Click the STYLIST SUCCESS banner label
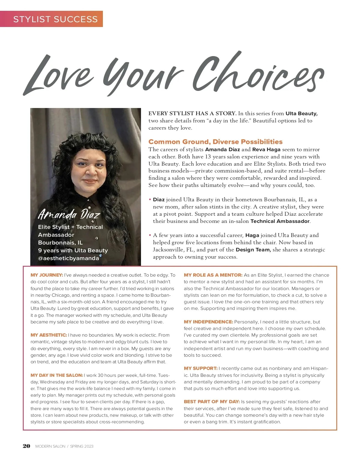pyautogui.click(x=55, y=19)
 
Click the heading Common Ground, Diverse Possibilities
pyautogui.click(x=215, y=142)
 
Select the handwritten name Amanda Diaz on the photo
pyautogui.click(x=69, y=214)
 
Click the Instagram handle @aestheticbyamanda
pyautogui.click(x=68, y=258)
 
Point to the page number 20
pyautogui.click(x=26, y=446)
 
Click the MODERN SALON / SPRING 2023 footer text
pyautogui.click(x=64, y=446)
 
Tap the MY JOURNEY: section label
pyautogui.click(x=47, y=275)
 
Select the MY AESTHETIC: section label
pyautogui.click(x=49, y=335)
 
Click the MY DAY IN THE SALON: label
pyautogui.click(x=57, y=375)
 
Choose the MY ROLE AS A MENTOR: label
pyautogui.click(x=213, y=275)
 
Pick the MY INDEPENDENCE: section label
pyautogui.click(x=208, y=322)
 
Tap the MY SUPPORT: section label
pyautogui.click(x=201, y=368)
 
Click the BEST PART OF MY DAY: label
pyautogui.click(x=212, y=402)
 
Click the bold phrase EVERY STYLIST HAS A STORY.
pyautogui.click(x=193, y=113)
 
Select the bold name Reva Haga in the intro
pyautogui.click(x=266, y=149)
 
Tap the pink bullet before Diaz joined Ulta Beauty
pyautogui.click(x=150, y=199)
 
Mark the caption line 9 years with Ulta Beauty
pyautogui.click(x=73, y=250)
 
